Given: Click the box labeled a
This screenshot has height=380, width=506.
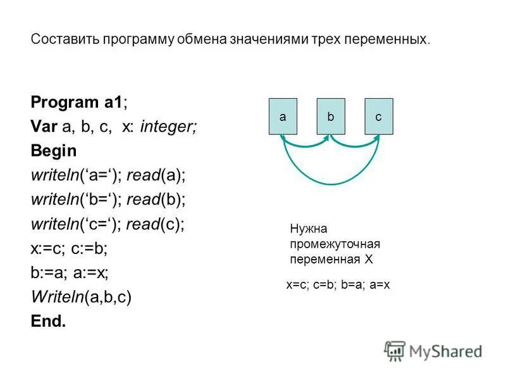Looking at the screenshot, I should [283, 117].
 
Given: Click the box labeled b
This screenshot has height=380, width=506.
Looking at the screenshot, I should [330, 117].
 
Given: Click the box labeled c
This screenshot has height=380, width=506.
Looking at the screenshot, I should [378, 117].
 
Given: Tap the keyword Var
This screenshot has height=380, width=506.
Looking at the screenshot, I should [44, 127].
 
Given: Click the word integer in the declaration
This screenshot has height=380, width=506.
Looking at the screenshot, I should [168, 127].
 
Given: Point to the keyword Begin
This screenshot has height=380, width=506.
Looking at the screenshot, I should [53, 151].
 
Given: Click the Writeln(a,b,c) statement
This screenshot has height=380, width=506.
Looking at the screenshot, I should [81, 297].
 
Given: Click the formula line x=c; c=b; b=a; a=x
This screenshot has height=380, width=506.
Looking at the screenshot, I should [338, 285].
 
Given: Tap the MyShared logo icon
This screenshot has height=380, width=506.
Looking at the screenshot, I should [395, 350].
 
